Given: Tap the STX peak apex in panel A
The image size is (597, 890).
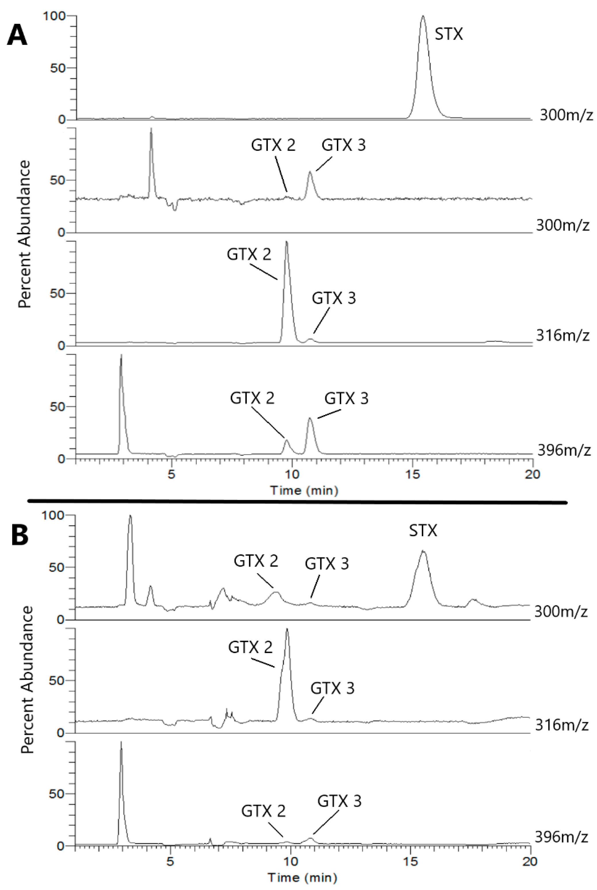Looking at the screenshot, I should [x=423, y=17].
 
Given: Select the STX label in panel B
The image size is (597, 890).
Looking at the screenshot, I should [x=423, y=530].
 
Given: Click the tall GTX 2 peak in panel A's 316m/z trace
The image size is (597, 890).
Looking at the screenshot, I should [x=286, y=243].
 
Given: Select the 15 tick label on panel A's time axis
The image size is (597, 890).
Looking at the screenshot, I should [x=412, y=475].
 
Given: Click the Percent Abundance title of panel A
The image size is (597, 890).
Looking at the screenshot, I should [x=24, y=234].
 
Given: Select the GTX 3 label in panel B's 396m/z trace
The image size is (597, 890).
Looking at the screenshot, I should [x=339, y=801].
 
